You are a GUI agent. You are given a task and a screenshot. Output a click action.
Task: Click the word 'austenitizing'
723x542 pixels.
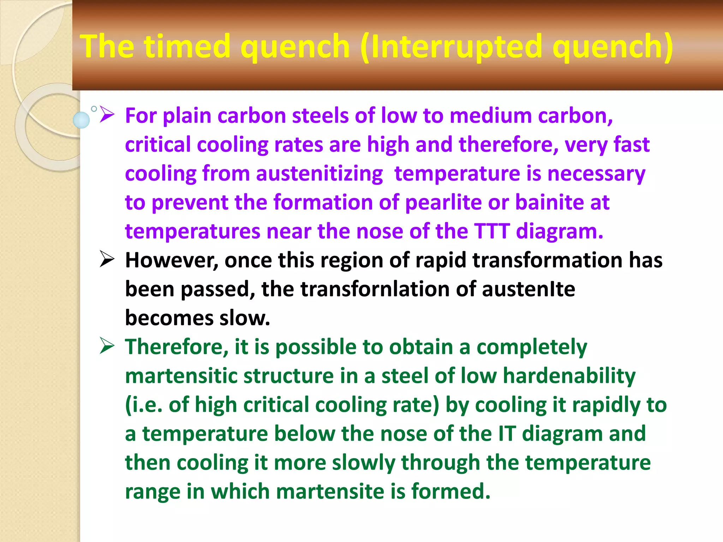pos(319,174)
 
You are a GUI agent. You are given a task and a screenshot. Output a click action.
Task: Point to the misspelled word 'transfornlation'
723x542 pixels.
pos(375,289)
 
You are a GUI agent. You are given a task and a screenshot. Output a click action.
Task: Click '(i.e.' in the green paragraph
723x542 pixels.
pos(144,405)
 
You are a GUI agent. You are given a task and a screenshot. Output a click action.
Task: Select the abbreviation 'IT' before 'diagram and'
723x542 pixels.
pos(507,434)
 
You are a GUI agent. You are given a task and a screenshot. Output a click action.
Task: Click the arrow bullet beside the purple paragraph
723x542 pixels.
pos(107,115)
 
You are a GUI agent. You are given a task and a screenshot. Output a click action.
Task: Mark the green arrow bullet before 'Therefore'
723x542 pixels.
pos(107,345)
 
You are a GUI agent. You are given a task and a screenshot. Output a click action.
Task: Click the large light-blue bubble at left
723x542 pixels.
pos(81,120)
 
